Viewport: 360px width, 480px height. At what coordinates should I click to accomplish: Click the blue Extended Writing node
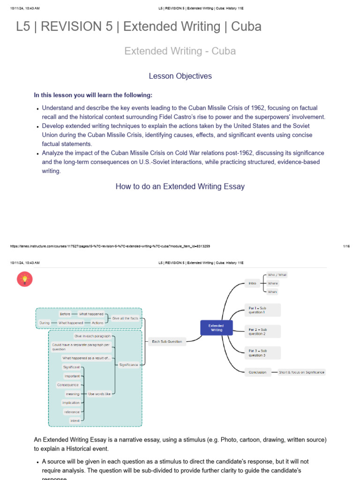[216, 328]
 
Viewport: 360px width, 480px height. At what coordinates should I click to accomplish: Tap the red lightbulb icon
[24, 279]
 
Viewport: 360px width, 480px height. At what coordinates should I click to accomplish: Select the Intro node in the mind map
[253, 283]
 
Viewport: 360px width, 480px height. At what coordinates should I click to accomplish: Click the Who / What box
[277, 275]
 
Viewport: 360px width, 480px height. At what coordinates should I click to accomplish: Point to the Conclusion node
[258, 372]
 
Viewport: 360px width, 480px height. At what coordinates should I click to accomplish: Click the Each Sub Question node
[167, 341]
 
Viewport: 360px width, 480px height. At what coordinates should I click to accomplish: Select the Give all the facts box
[125, 318]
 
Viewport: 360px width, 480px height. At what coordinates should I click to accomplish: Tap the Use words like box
[99, 394]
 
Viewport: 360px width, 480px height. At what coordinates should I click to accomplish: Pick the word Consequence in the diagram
[68, 385]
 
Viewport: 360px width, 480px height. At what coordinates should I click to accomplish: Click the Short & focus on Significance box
[301, 372]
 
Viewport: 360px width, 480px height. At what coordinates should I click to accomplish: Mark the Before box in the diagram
[65, 314]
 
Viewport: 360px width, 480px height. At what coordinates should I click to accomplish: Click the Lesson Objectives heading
[180, 76]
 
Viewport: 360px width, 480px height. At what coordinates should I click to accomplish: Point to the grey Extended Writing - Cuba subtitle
[180, 51]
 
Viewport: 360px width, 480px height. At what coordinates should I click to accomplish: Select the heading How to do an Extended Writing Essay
[180, 186]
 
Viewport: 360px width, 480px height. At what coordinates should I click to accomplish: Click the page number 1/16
[346, 246]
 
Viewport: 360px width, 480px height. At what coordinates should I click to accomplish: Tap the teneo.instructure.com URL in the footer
[110, 246]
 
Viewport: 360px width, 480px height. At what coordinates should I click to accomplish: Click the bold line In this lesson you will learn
[93, 95]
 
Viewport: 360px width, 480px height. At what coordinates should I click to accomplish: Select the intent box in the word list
[75, 420]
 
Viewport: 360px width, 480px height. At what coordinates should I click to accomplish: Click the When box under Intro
[272, 292]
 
